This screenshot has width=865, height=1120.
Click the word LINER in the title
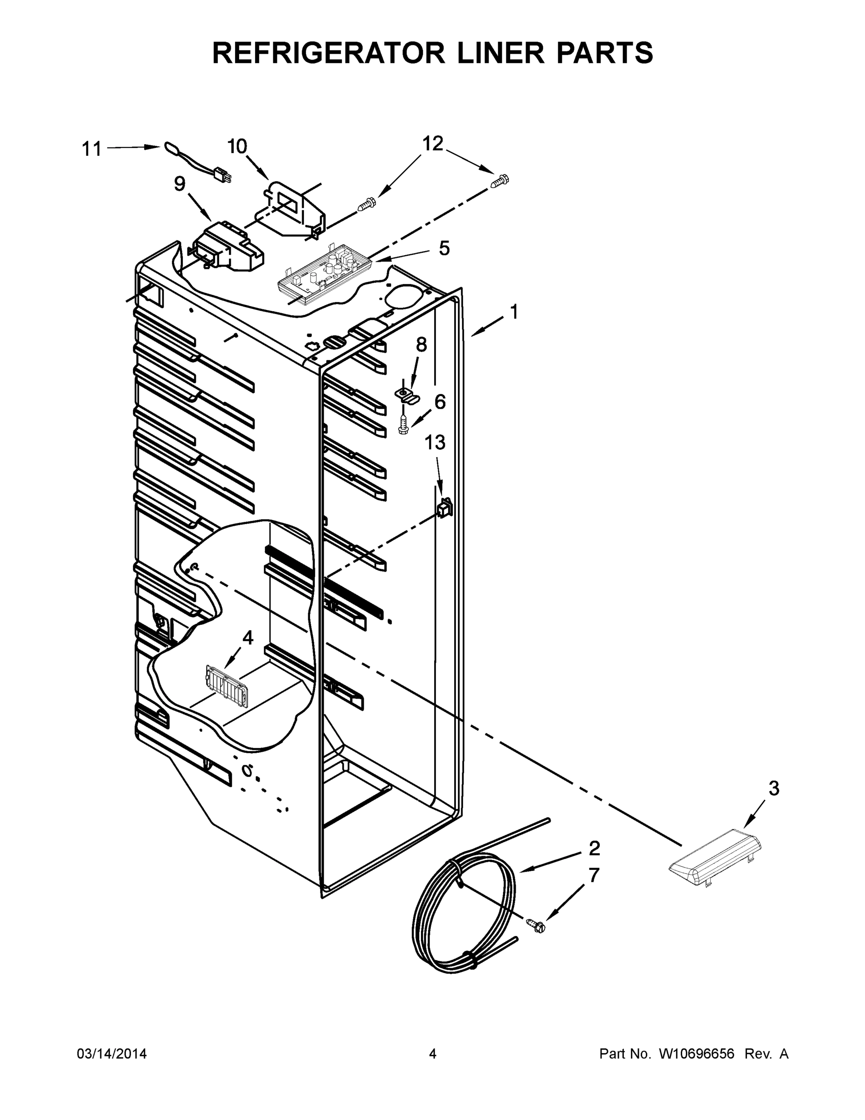click(x=500, y=53)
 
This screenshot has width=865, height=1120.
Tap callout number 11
click(x=92, y=149)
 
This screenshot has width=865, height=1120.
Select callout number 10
click(x=237, y=147)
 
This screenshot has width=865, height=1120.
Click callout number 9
click(x=180, y=183)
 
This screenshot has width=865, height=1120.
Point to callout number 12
click(x=433, y=144)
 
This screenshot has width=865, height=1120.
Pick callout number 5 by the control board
click(x=444, y=248)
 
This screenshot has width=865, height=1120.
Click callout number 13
click(x=435, y=442)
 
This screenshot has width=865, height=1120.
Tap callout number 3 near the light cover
click(x=774, y=788)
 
